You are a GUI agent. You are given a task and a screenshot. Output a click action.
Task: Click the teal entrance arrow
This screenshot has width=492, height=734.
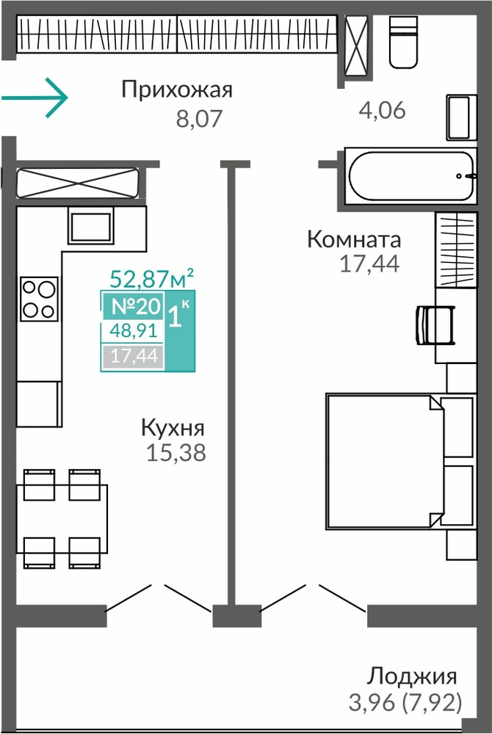click(x=35, y=98)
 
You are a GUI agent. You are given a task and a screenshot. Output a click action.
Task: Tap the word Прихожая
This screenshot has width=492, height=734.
click(x=177, y=90)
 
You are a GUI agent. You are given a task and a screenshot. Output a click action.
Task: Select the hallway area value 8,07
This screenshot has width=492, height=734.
click(x=198, y=119)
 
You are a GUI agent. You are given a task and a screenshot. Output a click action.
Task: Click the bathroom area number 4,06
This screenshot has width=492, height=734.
click(x=382, y=111)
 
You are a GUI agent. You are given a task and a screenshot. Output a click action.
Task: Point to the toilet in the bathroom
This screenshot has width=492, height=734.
click(x=403, y=42)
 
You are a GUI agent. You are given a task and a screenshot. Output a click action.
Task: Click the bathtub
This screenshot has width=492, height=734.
click(x=410, y=176)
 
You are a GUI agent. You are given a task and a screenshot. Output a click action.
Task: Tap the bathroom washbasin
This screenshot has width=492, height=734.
click(x=461, y=117)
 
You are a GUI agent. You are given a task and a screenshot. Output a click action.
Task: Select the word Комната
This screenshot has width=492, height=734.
click(x=354, y=240)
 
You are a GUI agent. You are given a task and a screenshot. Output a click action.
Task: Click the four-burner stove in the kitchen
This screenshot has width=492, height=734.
click(x=39, y=299)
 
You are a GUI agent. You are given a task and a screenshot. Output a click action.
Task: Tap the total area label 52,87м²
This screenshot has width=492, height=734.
click(x=152, y=278)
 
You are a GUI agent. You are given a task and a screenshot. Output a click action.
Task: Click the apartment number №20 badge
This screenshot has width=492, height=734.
click(x=137, y=307)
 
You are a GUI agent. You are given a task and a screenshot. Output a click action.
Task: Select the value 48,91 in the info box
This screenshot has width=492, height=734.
click(x=133, y=332)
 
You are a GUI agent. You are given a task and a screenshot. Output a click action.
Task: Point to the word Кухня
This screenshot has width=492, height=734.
click(x=173, y=429)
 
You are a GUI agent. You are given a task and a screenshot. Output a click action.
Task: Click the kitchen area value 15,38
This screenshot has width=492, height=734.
click(x=176, y=453)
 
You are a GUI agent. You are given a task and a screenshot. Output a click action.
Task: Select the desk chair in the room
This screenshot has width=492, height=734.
click(x=435, y=325)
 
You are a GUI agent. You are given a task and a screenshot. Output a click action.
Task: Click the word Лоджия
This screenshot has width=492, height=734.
click(x=411, y=677)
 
